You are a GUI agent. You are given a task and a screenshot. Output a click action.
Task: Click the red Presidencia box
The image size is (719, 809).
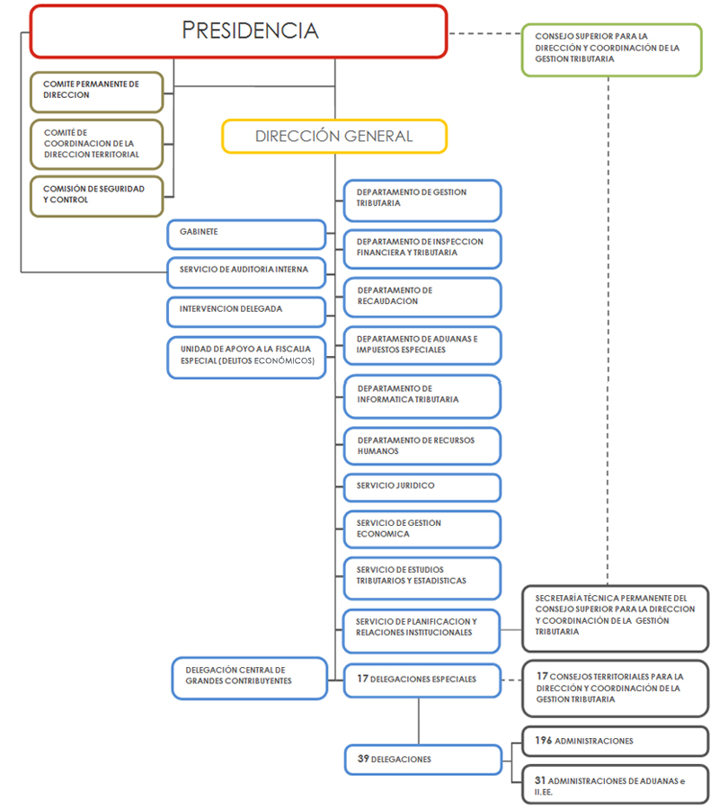(238, 31)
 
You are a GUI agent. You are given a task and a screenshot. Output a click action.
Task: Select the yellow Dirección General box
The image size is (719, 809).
(333, 137)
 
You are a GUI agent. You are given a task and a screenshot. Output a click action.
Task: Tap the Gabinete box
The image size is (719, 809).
(245, 234)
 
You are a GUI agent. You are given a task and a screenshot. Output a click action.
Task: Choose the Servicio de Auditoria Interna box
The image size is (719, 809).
(245, 271)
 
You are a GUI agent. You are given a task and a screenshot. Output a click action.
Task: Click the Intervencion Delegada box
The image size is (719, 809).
(245, 310)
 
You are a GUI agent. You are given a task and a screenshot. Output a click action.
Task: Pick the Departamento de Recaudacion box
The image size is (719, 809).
(422, 297)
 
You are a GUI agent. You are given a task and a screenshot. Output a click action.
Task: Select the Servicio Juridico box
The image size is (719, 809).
(422, 486)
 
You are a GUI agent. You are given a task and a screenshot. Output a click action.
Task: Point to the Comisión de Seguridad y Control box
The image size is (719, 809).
(97, 195)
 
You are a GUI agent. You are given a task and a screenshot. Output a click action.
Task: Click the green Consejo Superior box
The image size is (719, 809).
(611, 49)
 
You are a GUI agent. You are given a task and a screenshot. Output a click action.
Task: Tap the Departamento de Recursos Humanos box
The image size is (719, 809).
(422, 446)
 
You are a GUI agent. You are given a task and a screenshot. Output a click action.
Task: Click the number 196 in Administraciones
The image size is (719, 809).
(543, 741)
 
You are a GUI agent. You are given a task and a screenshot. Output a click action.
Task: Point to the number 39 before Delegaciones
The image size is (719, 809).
(363, 760)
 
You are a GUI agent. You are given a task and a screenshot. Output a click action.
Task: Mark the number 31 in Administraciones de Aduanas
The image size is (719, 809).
(541, 781)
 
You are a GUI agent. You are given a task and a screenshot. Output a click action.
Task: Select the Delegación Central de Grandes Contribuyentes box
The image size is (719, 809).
(249, 676)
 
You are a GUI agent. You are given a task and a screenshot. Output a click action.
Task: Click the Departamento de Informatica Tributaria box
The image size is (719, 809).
(422, 396)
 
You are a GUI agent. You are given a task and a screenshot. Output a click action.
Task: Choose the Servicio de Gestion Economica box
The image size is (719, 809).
(422, 529)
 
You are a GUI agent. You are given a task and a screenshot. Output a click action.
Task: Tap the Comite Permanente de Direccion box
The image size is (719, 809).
(97, 90)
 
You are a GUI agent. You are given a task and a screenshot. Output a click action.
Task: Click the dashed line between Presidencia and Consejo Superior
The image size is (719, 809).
(484, 33)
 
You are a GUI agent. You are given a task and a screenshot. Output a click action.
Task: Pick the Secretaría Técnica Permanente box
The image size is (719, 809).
(615, 618)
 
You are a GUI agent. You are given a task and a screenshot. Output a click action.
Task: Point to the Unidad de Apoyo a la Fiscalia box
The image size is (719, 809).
(245, 357)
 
